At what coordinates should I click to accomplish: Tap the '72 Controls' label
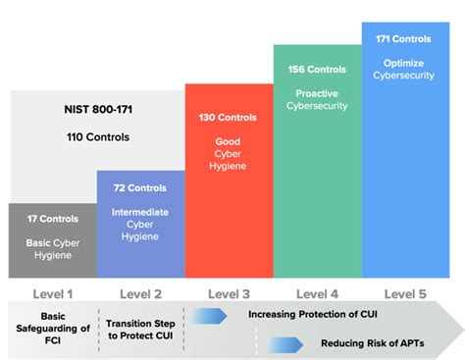[x=140, y=186]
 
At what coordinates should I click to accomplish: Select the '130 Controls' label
[x=228, y=118]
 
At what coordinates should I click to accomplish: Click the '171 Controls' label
[x=403, y=39]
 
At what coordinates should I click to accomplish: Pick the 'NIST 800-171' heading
[x=96, y=115]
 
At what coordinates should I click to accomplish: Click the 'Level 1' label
[x=53, y=293]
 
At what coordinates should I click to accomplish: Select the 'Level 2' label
[x=140, y=293]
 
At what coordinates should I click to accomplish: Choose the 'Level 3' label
[x=228, y=293]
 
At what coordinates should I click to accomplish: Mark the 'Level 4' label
[x=315, y=293]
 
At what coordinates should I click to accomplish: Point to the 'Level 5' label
[x=403, y=293]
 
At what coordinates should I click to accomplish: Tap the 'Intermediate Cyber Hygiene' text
[x=140, y=224]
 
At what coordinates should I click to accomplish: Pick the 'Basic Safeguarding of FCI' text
[x=53, y=328]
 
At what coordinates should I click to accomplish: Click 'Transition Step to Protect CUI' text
[x=138, y=329]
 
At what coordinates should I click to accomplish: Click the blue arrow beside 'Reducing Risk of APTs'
[x=285, y=343]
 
